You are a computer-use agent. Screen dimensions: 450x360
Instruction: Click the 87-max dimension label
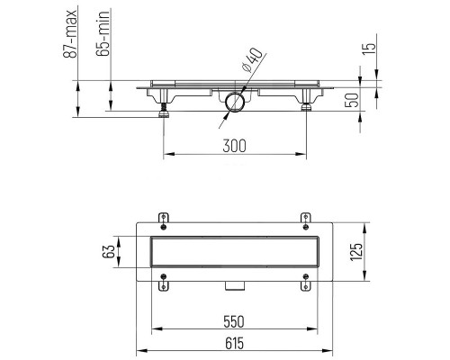click(x=70, y=33)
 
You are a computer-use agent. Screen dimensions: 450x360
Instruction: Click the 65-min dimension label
click(x=103, y=33)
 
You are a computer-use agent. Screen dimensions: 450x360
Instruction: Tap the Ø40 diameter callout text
click(x=253, y=60)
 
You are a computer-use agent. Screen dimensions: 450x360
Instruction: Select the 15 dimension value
click(x=370, y=48)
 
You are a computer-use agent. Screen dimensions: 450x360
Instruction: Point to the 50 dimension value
click(x=352, y=100)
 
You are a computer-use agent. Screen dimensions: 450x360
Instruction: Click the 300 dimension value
click(x=234, y=146)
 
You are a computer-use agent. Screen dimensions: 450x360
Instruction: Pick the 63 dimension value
click(x=109, y=251)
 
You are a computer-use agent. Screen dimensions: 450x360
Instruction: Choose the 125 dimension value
click(x=357, y=252)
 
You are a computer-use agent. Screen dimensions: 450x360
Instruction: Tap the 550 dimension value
click(x=234, y=321)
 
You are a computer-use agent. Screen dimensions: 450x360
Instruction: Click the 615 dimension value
click(x=234, y=343)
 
